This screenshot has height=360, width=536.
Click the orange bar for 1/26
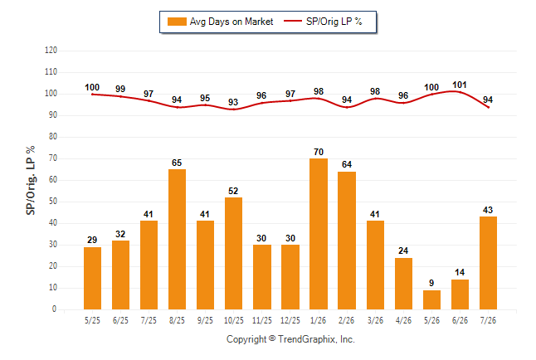pyautogui.click(x=319, y=234)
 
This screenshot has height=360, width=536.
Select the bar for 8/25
pyautogui.click(x=177, y=240)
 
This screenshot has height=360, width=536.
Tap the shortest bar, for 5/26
pyautogui.click(x=431, y=299)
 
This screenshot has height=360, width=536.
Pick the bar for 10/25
pyautogui.click(x=233, y=253)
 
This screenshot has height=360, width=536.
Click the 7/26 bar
pyautogui.click(x=488, y=263)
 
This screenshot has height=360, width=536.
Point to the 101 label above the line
pyautogui.click(x=460, y=85)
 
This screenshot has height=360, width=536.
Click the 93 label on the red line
pyautogui.click(x=233, y=102)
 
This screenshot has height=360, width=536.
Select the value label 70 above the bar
pyautogui.click(x=319, y=152)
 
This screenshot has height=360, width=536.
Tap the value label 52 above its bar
pyautogui.click(x=233, y=191)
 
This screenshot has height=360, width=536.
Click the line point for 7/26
pyautogui.click(x=489, y=107)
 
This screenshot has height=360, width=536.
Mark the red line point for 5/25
pyautogui.click(x=92, y=95)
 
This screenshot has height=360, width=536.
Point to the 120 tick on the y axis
pyautogui.click(x=51, y=51)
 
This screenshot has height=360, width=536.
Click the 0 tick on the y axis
pyautogui.click(x=54, y=309)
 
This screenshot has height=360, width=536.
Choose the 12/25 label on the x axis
pyautogui.click(x=290, y=320)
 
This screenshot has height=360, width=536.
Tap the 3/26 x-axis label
pyautogui.click(x=375, y=320)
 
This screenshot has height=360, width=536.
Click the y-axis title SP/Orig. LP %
pyautogui.click(x=31, y=180)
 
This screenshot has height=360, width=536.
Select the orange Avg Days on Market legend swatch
pyautogui.click(x=177, y=22)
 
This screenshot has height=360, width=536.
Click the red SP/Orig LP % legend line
pyautogui.click(x=293, y=21)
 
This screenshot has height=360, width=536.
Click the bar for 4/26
pyautogui.click(x=404, y=284)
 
